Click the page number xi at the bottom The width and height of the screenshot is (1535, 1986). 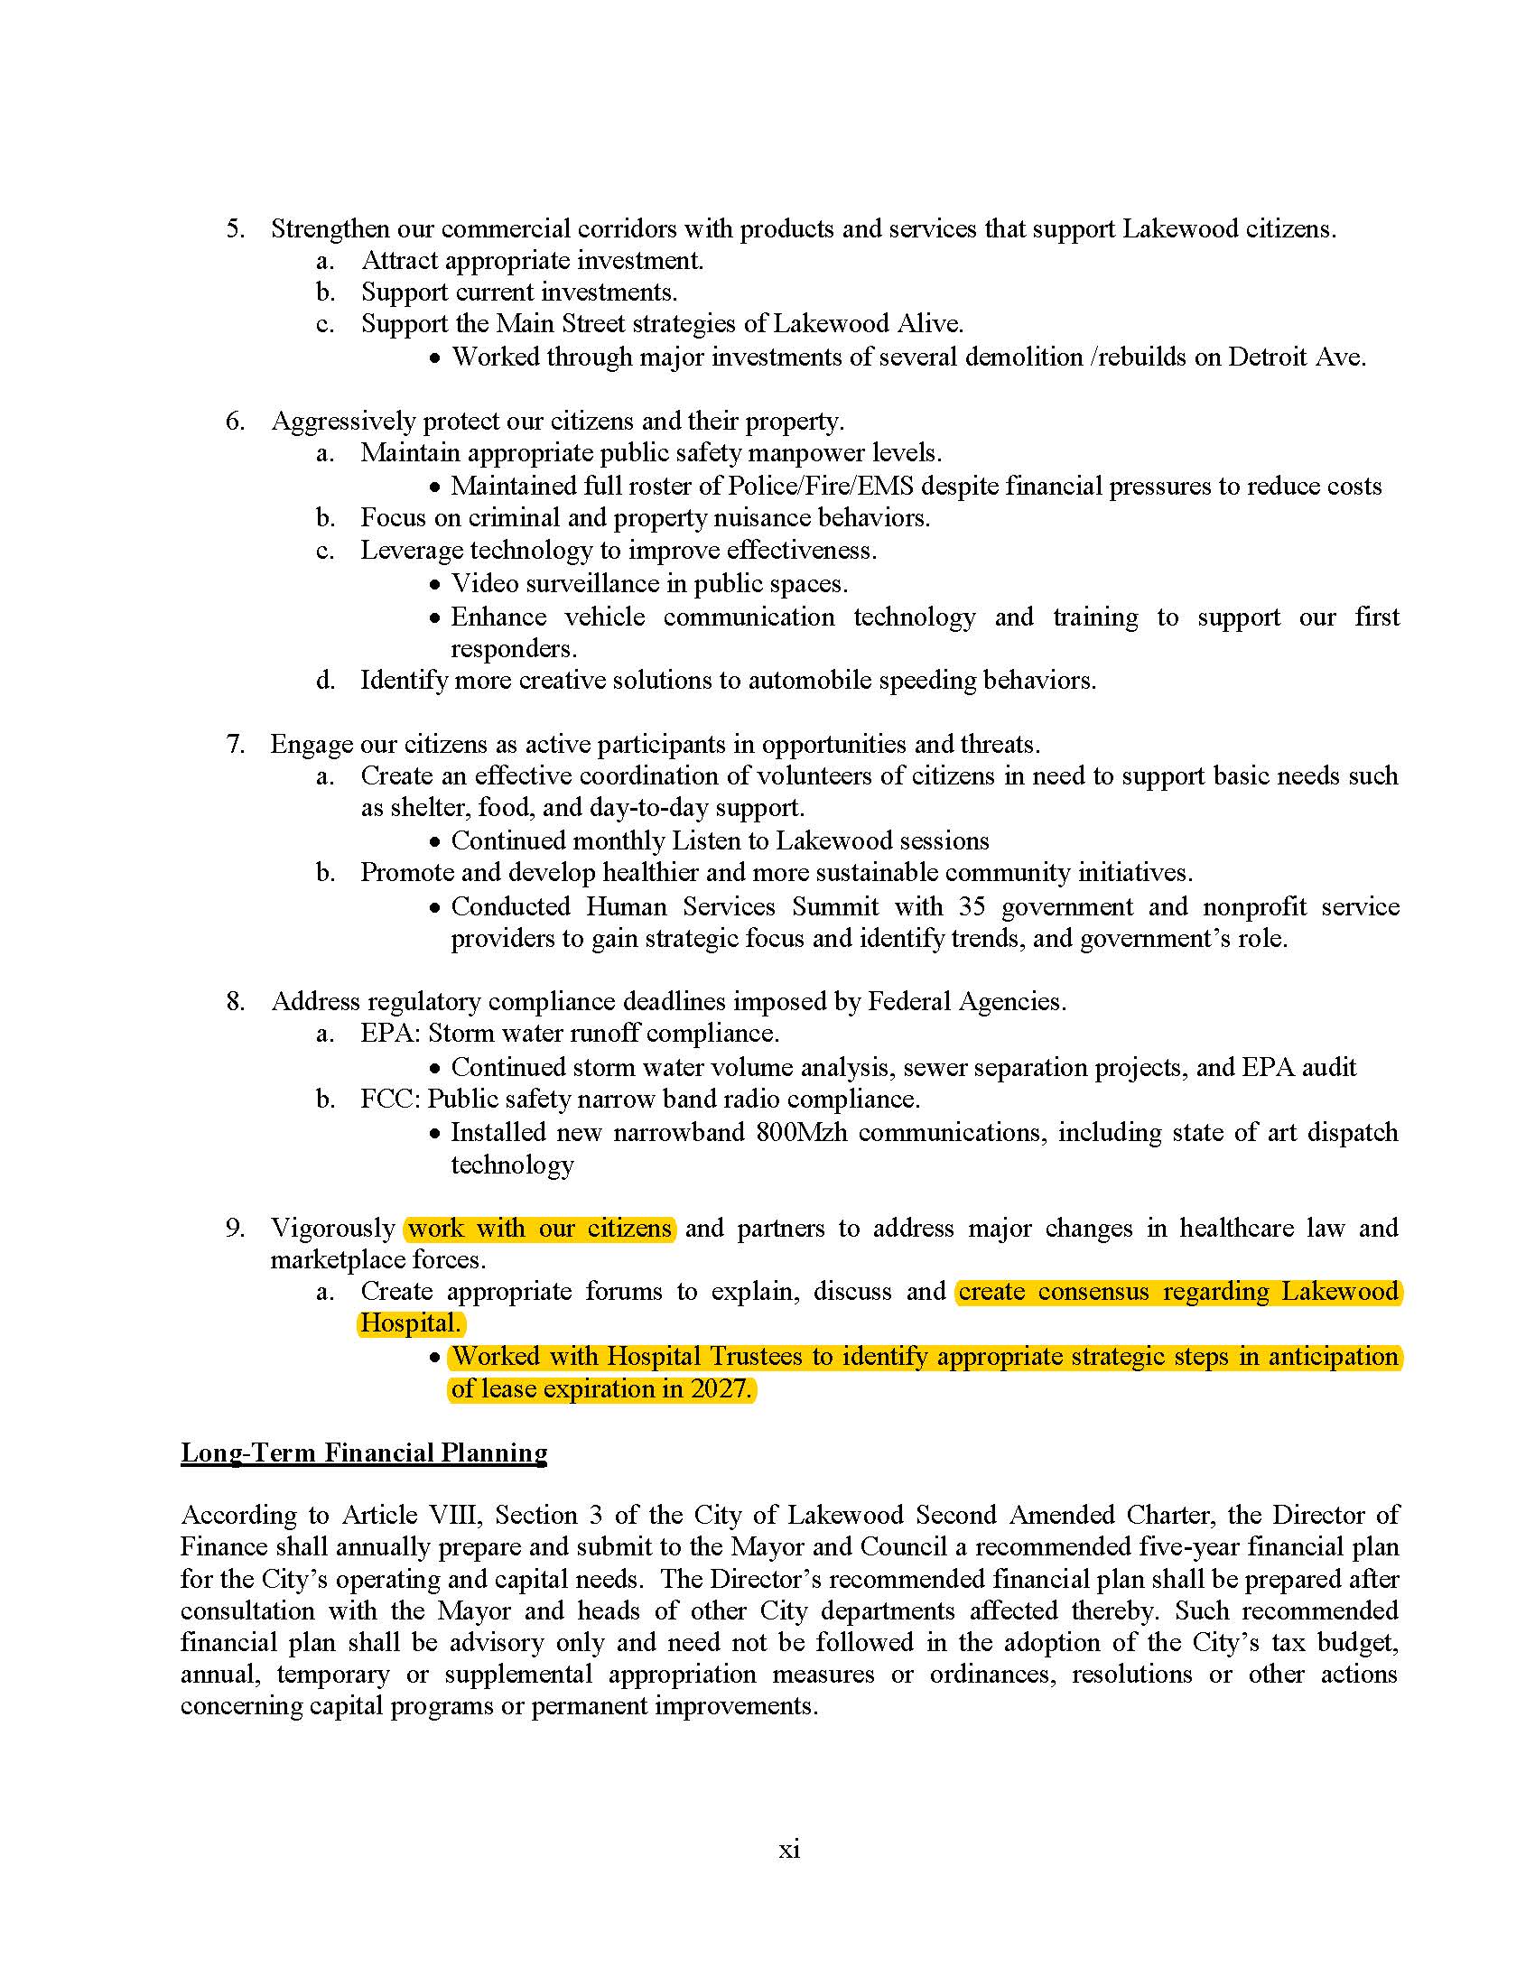pyautogui.click(x=788, y=1850)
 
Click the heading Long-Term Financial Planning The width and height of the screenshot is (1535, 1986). pyautogui.click(x=364, y=1452)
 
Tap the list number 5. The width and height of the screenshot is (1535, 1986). pyautogui.click(x=235, y=228)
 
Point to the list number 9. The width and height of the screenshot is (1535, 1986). pyautogui.click(x=235, y=1229)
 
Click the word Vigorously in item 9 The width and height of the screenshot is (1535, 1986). pyautogui.click(x=333, y=1229)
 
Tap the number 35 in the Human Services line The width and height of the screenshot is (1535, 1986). pyautogui.click(x=972, y=906)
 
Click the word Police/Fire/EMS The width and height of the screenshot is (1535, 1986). pyautogui.click(x=820, y=486)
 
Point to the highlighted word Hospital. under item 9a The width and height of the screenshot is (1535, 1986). pyautogui.click(x=410, y=1323)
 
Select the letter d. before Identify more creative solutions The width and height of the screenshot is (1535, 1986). pyautogui.click(x=326, y=680)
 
